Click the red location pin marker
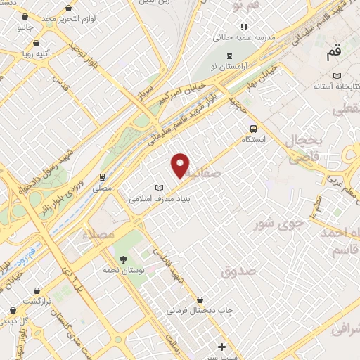click(x=181, y=165)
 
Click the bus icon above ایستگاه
click(x=253, y=129)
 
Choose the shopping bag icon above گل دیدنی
click(x=12, y=310)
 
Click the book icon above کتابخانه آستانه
click(x=337, y=75)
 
